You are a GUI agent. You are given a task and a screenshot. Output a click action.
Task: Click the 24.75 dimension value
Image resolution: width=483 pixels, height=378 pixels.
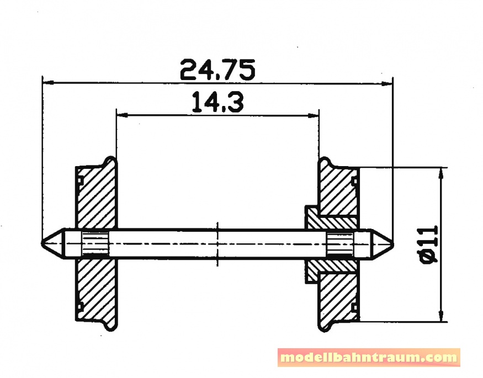pyautogui.click(x=217, y=70)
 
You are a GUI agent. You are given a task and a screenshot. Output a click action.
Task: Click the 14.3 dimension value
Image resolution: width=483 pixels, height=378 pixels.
pyautogui.click(x=218, y=102)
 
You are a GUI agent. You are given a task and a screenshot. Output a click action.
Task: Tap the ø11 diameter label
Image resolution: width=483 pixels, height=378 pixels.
pyautogui.click(x=431, y=244)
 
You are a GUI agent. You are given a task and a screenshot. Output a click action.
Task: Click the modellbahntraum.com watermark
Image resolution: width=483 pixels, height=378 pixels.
pyautogui.click(x=369, y=358)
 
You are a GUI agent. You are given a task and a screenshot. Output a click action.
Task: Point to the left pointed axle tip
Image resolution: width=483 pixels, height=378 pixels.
pyautogui.click(x=42, y=243)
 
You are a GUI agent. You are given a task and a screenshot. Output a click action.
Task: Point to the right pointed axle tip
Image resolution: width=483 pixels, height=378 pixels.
pyautogui.click(x=392, y=244)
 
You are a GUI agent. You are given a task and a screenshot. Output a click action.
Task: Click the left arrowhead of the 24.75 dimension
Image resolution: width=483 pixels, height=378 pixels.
pyautogui.click(x=48, y=82)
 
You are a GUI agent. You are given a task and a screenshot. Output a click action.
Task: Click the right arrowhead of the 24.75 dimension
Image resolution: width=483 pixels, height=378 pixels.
pyautogui.click(x=387, y=83)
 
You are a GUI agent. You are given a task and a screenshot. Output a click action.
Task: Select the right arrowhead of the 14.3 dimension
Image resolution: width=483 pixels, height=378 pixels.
pyautogui.click(x=313, y=116)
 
